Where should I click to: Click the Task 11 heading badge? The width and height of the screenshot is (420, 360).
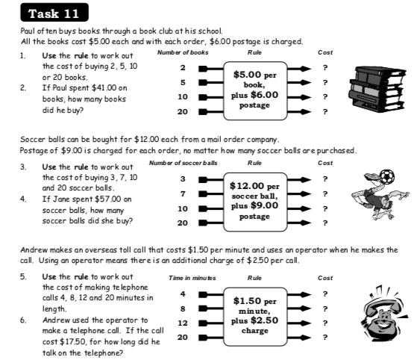(x=56, y=13)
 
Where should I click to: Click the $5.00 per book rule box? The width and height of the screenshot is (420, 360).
(x=255, y=90)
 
